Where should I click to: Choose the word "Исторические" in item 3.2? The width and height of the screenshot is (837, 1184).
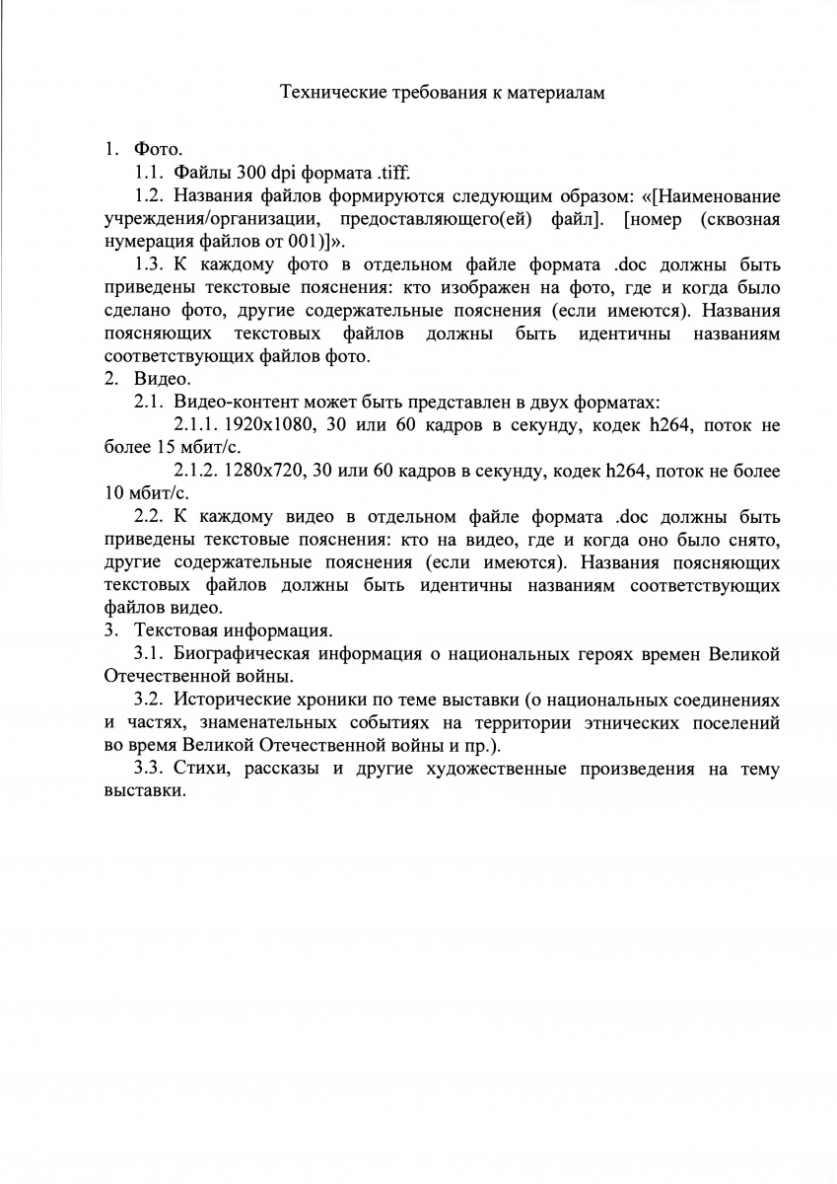coord(231,700)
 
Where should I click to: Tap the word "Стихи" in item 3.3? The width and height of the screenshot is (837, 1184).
coord(200,769)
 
